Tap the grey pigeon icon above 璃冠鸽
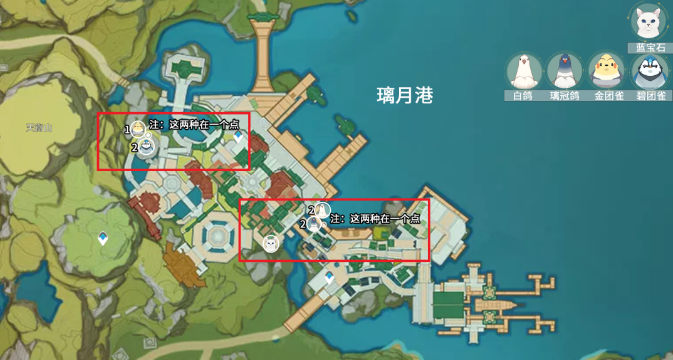pyautogui.click(x=564, y=70)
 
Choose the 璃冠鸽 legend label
pyautogui.click(x=564, y=96)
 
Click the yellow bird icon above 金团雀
pyautogui.click(x=607, y=70)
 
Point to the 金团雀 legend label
pyautogui.click(x=607, y=96)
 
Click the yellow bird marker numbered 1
pyautogui.click(x=138, y=128)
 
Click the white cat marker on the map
pyautogui.click(x=269, y=242)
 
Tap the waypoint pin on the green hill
pyautogui.click(x=104, y=239)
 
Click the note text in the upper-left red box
pyautogui.click(x=193, y=125)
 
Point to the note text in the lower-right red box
pyautogui.click(x=375, y=217)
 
